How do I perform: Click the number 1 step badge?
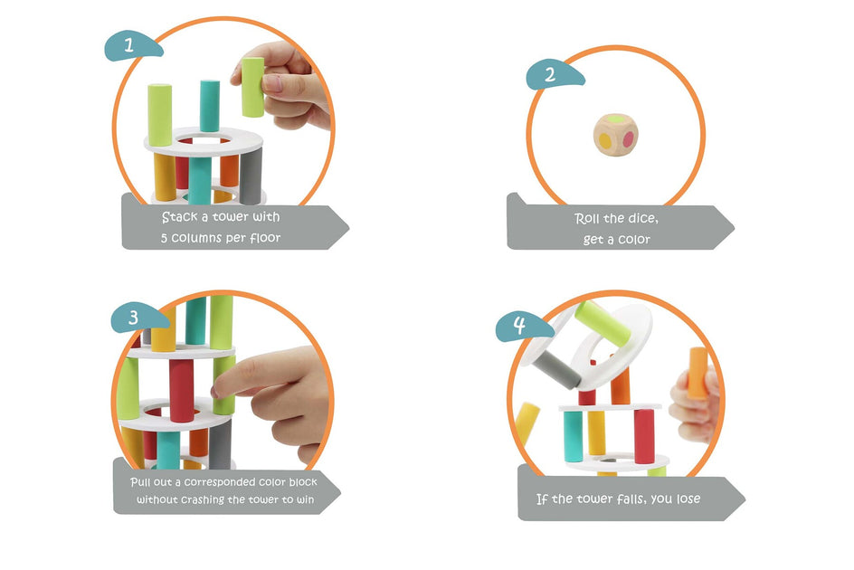pos(132,44)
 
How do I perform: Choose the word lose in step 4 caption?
pos(683,499)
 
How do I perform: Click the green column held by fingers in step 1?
pos(252,87)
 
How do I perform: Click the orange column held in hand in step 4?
pos(697,372)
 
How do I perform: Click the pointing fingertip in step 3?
pos(219,391)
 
